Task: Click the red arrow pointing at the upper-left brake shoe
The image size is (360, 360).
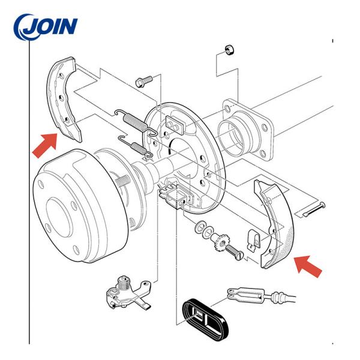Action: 46,145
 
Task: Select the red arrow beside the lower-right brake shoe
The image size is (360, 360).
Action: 310,266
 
